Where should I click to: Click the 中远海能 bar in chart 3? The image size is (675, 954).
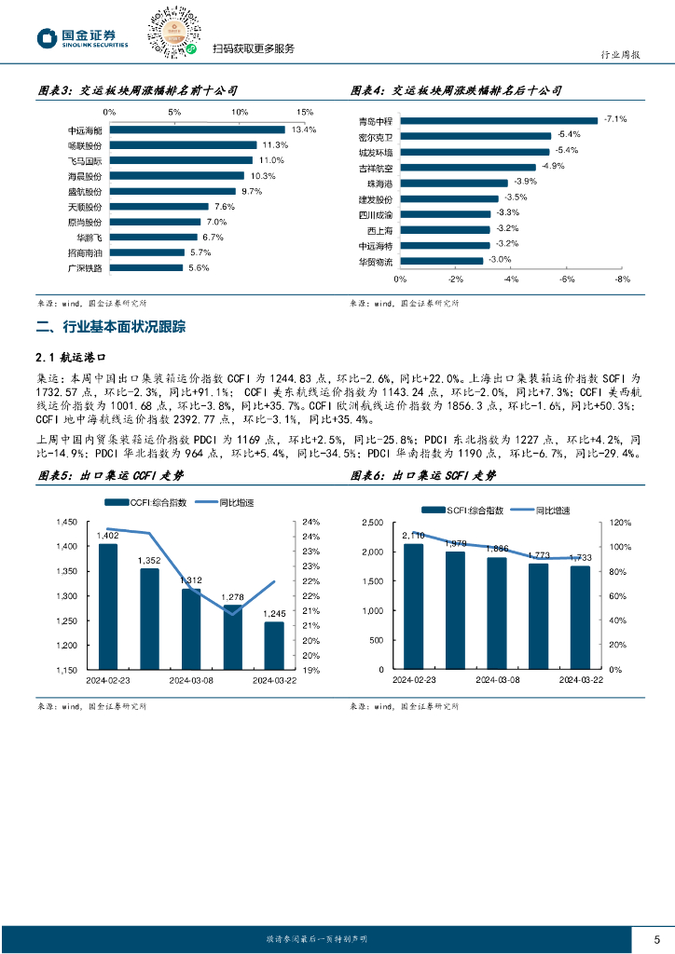coord(197,130)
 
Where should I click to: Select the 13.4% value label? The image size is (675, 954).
coord(304,130)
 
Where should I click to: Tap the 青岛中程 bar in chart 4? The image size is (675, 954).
coord(498,120)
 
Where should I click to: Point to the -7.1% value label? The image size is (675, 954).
coord(615,119)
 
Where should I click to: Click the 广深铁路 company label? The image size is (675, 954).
coord(85,267)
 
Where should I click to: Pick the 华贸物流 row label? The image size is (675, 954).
coord(377,261)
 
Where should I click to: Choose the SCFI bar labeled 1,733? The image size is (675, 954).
coord(580,618)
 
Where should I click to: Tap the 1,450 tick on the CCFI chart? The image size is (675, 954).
coord(66,522)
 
